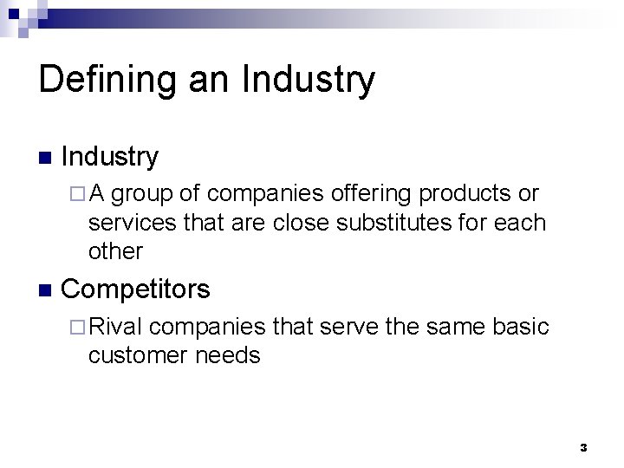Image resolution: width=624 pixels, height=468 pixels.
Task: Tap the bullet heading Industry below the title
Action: click(111, 157)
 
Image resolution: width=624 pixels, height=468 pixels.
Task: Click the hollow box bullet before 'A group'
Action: click(73, 194)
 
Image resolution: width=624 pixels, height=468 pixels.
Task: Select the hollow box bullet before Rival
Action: click(73, 328)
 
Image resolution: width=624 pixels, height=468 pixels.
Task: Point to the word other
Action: click(115, 251)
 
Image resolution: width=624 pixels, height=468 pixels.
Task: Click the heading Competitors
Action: click(136, 289)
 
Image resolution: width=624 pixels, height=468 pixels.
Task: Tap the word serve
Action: click(350, 327)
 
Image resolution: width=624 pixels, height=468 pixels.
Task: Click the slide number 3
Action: click(582, 447)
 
